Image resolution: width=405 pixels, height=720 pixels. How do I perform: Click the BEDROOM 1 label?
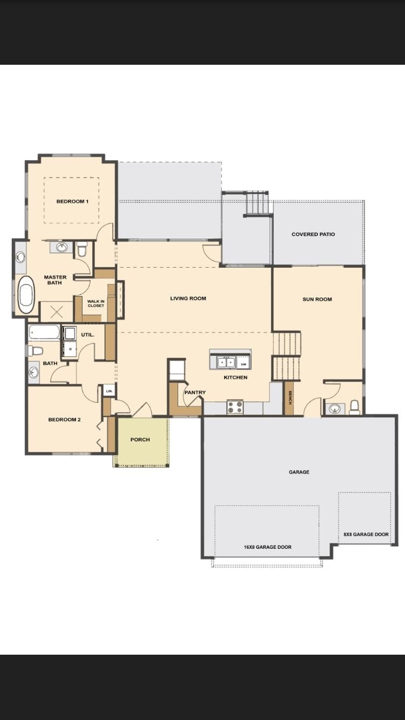pyautogui.click(x=72, y=201)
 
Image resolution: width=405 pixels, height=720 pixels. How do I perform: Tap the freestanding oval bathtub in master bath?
pyautogui.click(x=26, y=295)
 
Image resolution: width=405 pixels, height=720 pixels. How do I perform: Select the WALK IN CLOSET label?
pyautogui.click(x=96, y=303)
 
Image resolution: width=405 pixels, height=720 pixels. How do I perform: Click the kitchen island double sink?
pyautogui.click(x=226, y=362)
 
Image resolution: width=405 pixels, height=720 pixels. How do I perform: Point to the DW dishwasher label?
pyautogui.click(x=244, y=364)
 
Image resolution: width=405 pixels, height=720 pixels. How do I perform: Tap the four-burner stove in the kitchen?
pyautogui.click(x=235, y=407)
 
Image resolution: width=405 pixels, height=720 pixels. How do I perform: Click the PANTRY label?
pyautogui.click(x=194, y=392)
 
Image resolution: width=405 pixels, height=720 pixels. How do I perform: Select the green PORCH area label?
pyautogui.click(x=140, y=439)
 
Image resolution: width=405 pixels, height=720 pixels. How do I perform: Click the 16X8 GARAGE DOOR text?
pyautogui.click(x=267, y=547)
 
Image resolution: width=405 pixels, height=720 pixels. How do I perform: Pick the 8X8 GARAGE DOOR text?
pyautogui.click(x=366, y=534)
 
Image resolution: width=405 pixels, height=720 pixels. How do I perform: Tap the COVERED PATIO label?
pyautogui.click(x=313, y=234)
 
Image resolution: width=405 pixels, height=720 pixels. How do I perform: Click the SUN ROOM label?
pyautogui.click(x=317, y=299)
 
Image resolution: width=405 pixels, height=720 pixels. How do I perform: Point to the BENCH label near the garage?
pyautogui.click(x=289, y=398)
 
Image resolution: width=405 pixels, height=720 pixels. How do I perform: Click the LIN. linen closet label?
pyautogui.click(x=109, y=390)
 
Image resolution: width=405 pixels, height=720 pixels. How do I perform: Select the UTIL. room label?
pyautogui.click(x=88, y=335)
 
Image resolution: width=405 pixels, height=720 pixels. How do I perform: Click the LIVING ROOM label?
pyautogui.click(x=188, y=298)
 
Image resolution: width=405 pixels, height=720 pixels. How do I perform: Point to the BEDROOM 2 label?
pyautogui.click(x=64, y=419)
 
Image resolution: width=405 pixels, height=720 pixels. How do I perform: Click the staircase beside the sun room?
pyautogui.click(x=286, y=356)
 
